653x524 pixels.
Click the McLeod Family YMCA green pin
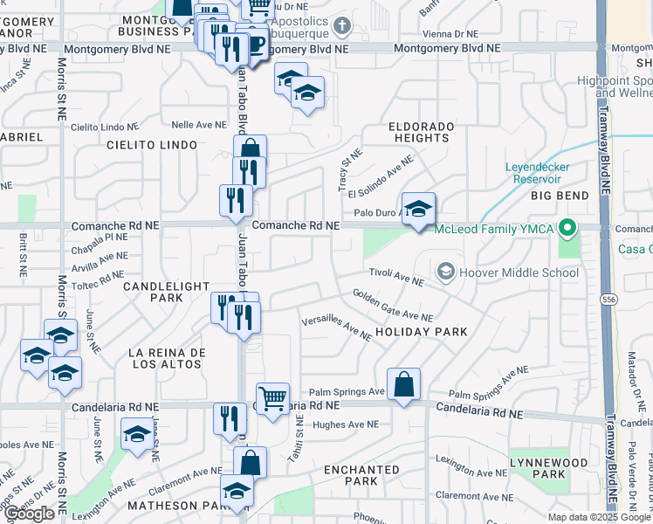pyautogui.click(x=567, y=230)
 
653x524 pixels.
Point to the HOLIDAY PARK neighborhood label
pyautogui.click(x=422, y=332)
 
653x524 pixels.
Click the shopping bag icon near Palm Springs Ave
pyautogui.click(x=403, y=384)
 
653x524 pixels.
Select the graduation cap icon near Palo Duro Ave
pyautogui.click(x=419, y=210)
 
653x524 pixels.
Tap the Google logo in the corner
pyautogui.click(x=30, y=514)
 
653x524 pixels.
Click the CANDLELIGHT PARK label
pyautogui.click(x=166, y=292)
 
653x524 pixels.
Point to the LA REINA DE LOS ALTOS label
pyautogui.click(x=167, y=358)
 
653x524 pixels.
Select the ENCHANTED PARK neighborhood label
pyautogui.click(x=361, y=475)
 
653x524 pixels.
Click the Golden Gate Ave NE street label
pyautogui.click(x=392, y=305)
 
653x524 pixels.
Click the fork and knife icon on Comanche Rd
pyautogui.click(x=235, y=201)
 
